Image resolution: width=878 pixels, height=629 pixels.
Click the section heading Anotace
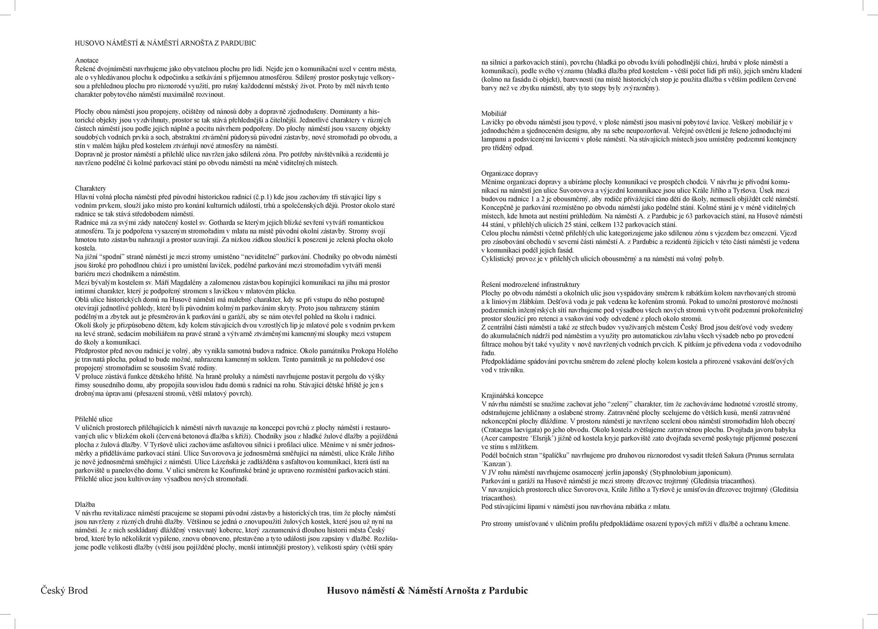pyautogui.click(x=87, y=60)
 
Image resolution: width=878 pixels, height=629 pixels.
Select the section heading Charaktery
pyautogui.click(x=90, y=188)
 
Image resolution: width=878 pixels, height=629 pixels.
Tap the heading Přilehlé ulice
pyautogui.click(x=94, y=419)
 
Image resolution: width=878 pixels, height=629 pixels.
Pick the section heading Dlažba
pyautogui.click(x=85, y=504)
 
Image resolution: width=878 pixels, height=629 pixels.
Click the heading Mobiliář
pyautogui.click(x=494, y=113)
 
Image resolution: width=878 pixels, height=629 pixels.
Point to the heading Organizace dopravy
pyautogui.click(x=510, y=173)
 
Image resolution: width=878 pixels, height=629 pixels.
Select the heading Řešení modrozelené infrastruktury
pyautogui.click(x=530, y=284)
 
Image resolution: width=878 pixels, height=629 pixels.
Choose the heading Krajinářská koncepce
pyautogui.click(x=512, y=395)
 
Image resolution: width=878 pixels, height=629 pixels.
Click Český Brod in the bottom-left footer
pyautogui.click(x=64, y=590)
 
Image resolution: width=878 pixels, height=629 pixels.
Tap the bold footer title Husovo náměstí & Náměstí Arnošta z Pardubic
pyautogui.click(x=427, y=590)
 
